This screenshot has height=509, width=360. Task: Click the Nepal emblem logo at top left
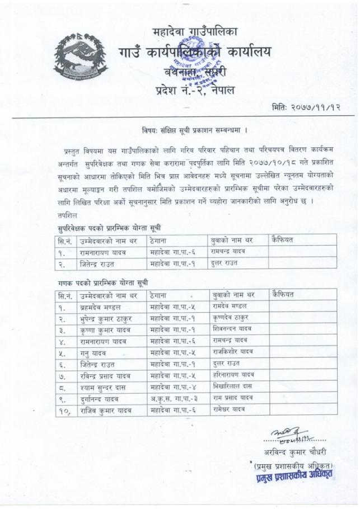tap(78, 53)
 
